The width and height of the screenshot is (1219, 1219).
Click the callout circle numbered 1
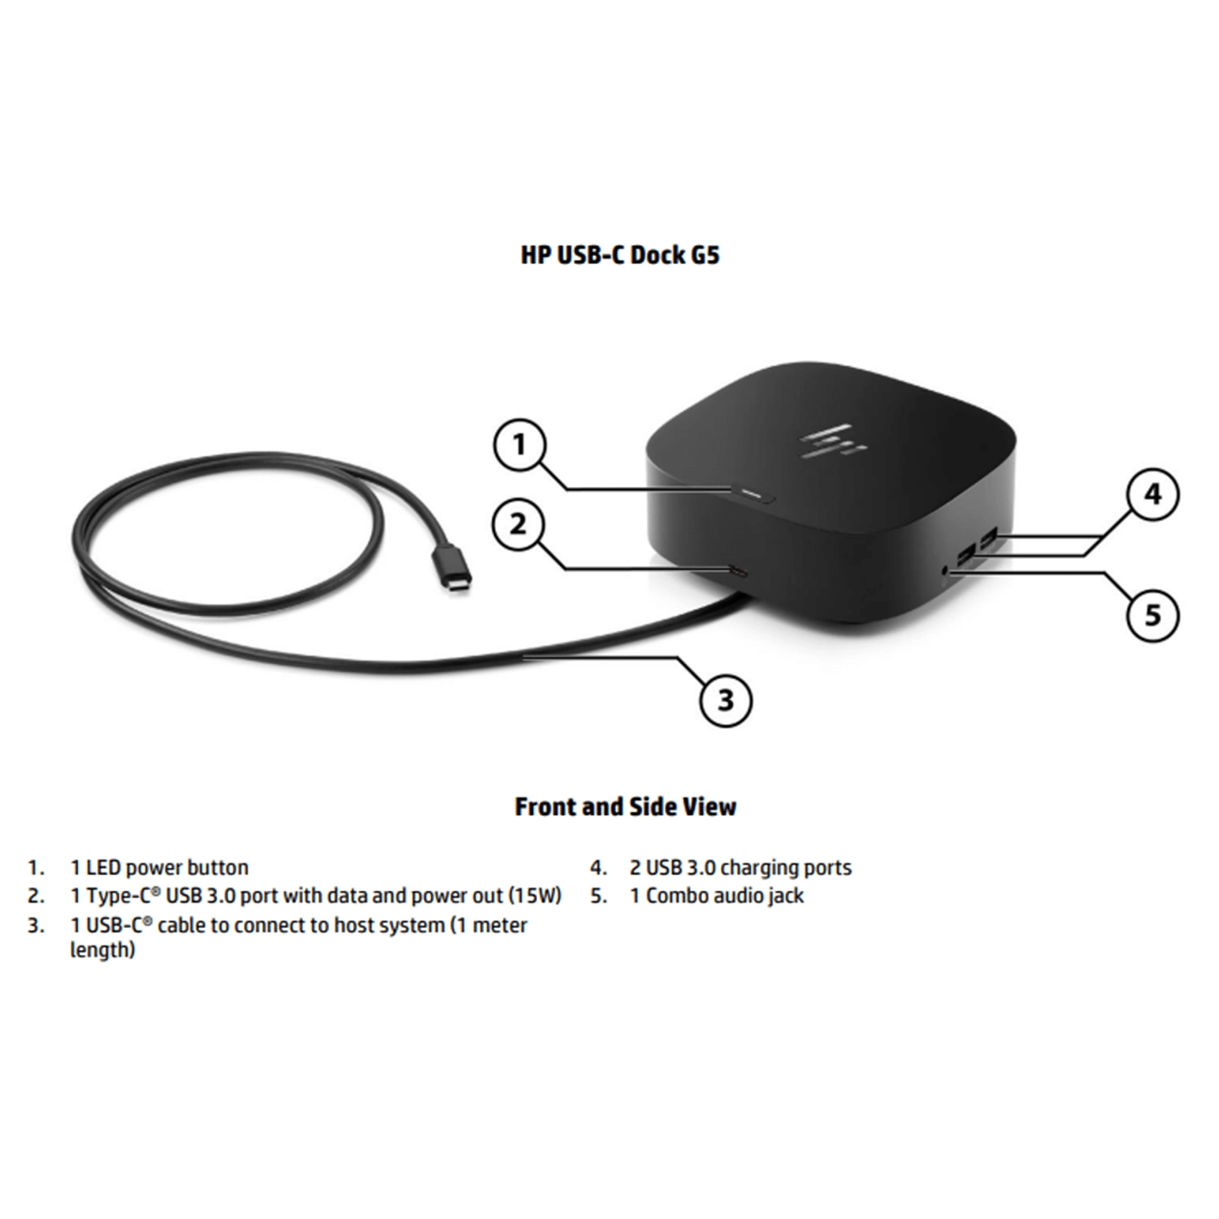(520, 444)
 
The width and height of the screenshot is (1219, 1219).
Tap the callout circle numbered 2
(519, 524)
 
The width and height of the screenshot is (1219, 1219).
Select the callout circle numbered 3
(726, 699)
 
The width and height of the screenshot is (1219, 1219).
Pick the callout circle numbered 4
(1153, 494)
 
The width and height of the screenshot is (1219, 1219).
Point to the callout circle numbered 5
(1153, 614)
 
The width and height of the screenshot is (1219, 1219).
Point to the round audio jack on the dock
(945, 570)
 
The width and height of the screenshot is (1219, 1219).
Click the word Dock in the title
(657, 254)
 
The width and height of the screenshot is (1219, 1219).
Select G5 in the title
(704, 254)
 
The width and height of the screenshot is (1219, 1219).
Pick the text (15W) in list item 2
(535, 896)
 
